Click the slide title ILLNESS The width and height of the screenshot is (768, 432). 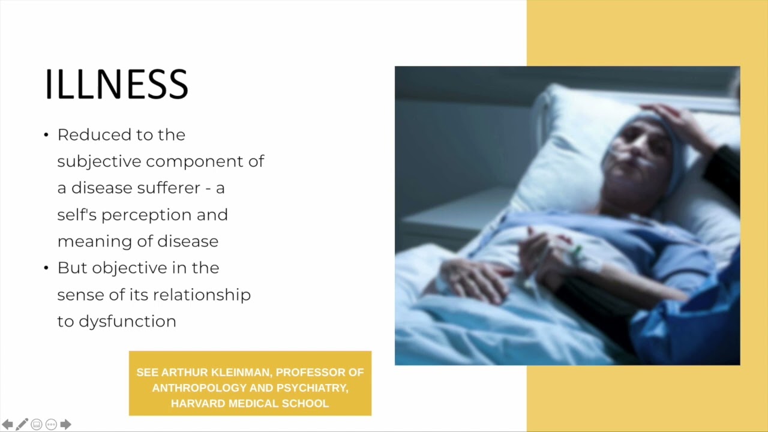pos(116,84)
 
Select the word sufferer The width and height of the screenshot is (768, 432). pos(169,188)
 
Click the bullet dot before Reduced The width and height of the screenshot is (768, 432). pos(46,135)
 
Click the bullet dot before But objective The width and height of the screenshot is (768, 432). pos(46,268)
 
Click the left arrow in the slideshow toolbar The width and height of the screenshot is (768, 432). pos(7,424)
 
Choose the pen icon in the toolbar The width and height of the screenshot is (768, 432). pos(22,424)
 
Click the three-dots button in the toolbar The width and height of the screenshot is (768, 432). pos(51,424)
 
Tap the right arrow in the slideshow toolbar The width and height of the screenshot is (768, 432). pos(66,424)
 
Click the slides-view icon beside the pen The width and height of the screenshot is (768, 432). pos(36,424)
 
